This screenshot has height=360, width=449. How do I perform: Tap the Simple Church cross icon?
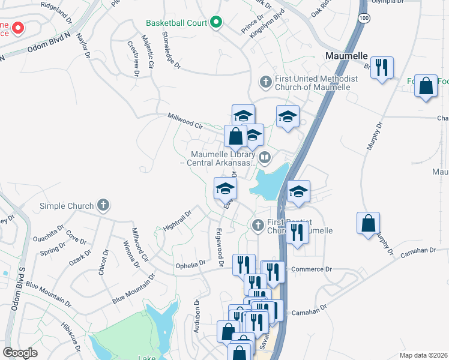coord(103,206)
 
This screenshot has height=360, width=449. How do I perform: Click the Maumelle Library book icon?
coord(265,158)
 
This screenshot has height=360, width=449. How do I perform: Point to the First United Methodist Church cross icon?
coord(265,81)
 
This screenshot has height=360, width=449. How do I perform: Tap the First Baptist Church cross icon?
coord(258,226)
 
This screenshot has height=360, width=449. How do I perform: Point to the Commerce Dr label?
coord(311,269)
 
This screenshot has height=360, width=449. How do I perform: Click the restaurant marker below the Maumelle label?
coord(381,67)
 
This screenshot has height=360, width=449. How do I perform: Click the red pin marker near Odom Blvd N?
coord(19,28)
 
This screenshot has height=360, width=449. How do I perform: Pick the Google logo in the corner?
coord(20,353)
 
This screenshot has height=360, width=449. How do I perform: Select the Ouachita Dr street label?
coord(48,229)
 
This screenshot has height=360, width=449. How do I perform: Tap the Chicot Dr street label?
coord(105,261)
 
